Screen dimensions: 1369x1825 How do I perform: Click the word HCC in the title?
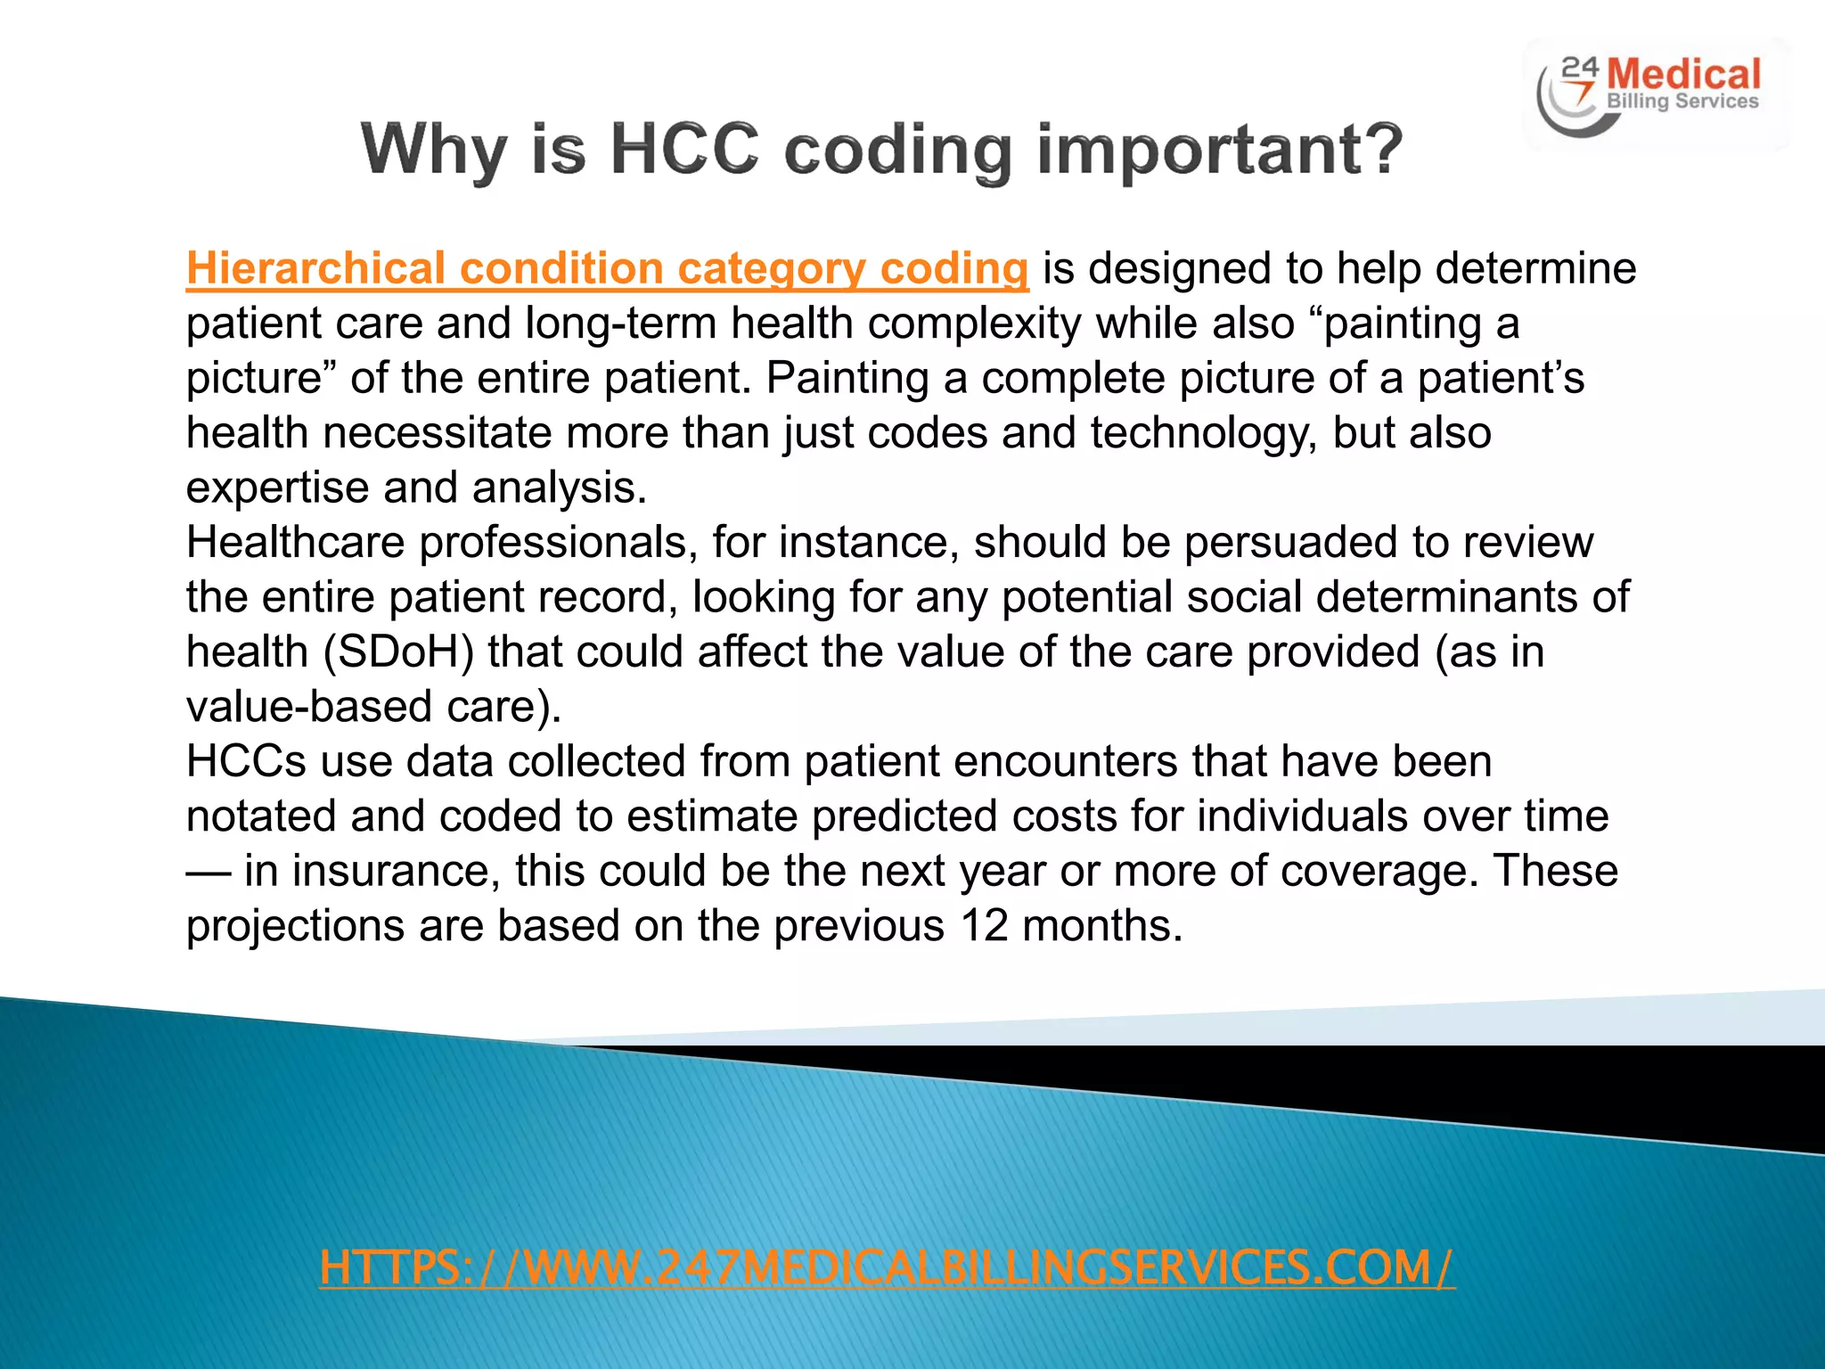(x=684, y=148)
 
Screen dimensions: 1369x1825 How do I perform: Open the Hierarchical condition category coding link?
(x=607, y=269)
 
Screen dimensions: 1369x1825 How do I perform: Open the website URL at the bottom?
(x=887, y=1267)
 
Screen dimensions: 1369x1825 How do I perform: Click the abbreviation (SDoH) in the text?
(x=398, y=652)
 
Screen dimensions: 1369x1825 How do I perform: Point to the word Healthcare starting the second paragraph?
(x=295, y=542)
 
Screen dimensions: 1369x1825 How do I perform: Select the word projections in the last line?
(x=295, y=926)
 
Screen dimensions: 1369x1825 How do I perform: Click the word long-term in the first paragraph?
(x=620, y=323)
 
